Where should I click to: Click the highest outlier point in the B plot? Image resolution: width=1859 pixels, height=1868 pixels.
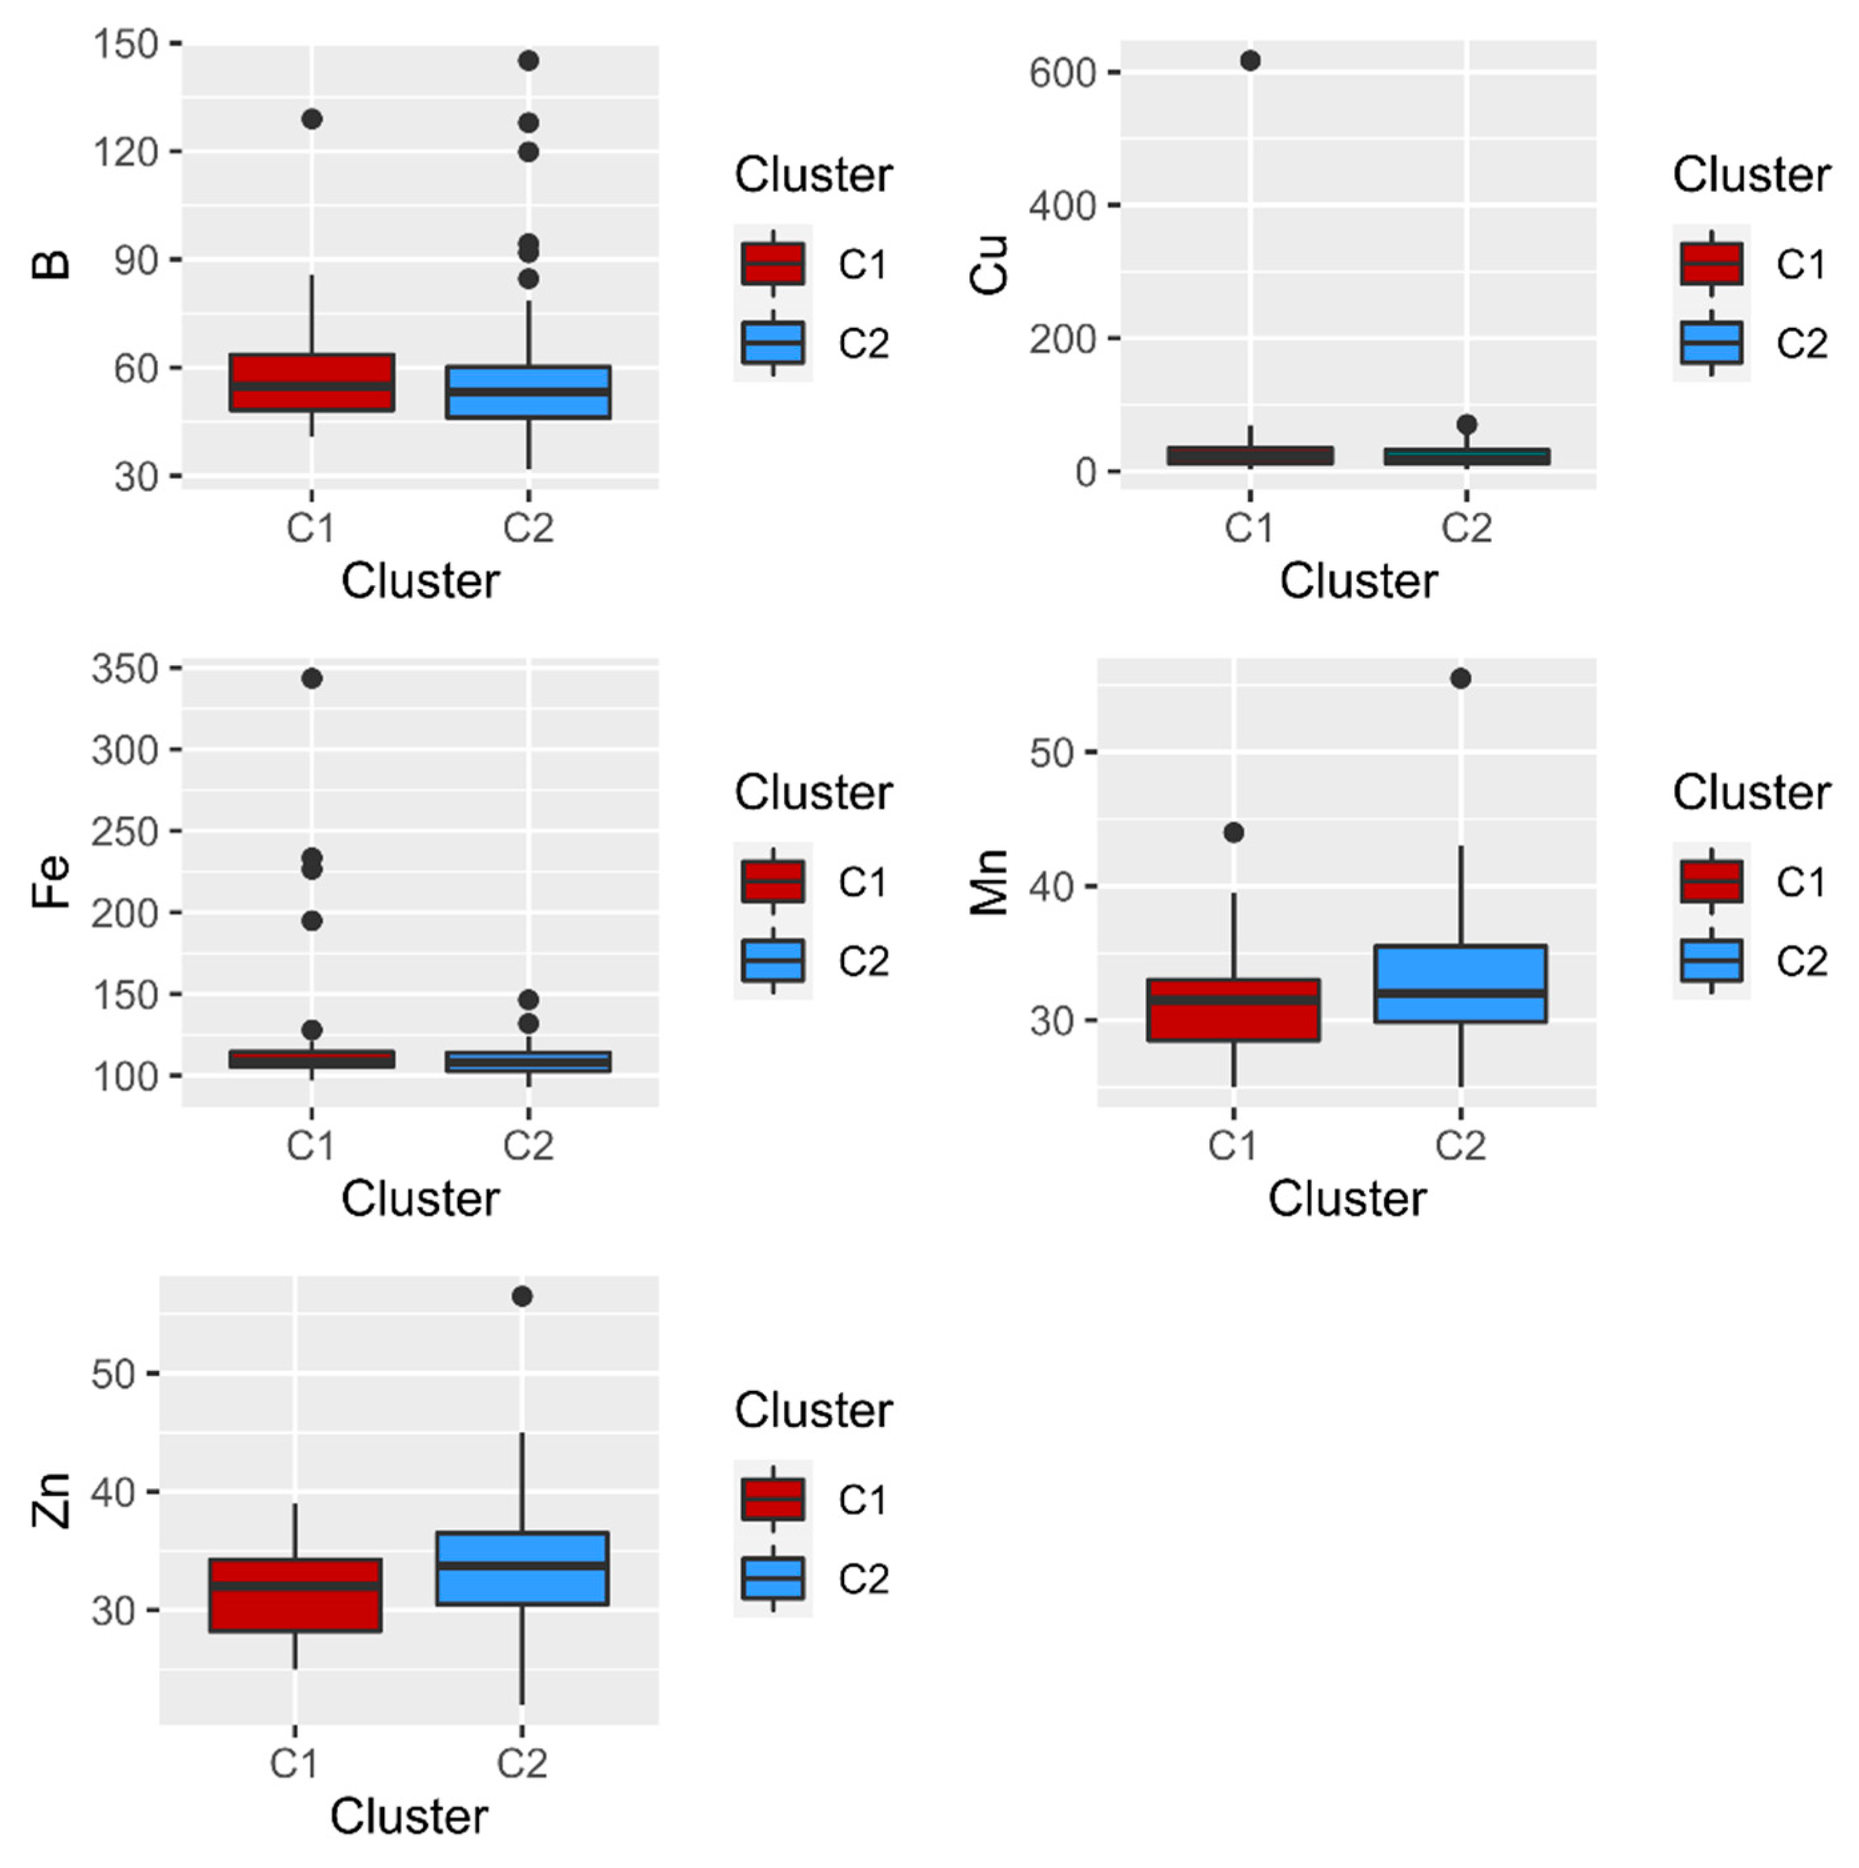(528, 61)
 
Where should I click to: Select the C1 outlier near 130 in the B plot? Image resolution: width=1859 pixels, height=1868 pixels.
(311, 119)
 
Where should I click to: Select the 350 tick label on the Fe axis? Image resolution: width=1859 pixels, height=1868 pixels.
(125, 669)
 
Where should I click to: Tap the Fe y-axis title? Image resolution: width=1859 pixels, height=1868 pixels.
(50, 881)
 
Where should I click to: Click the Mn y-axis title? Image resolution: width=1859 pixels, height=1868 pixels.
(988, 881)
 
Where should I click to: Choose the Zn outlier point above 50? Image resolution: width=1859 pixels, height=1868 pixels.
(522, 1297)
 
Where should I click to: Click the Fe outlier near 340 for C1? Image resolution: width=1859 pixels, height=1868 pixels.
(311, 678)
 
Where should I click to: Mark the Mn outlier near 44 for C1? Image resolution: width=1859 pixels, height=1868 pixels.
(1233, 832)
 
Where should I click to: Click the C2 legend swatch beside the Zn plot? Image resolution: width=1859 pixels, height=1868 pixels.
(772, 1578)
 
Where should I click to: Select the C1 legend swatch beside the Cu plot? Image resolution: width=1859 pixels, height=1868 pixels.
(1711, 264)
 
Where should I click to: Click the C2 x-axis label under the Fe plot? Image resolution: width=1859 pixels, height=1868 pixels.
(528, 1146)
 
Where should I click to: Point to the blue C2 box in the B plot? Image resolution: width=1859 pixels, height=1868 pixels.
(528, 392)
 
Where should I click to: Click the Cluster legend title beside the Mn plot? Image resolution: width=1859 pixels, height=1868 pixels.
(1751, 793)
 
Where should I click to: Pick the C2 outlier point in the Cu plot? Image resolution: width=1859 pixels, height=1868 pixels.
(1466, 425)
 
